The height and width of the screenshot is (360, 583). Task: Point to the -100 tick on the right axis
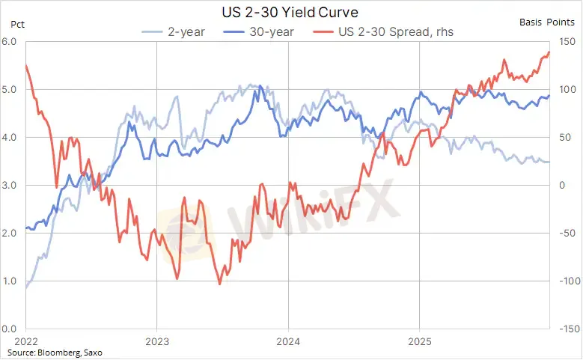coord(567,281)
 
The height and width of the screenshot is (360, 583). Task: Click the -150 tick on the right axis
coord(567,329)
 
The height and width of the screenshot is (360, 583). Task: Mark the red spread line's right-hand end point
coord(549,52)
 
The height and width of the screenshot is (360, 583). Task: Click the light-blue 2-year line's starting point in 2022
coord(26,287)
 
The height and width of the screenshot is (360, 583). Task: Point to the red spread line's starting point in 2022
coord(26,65)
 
